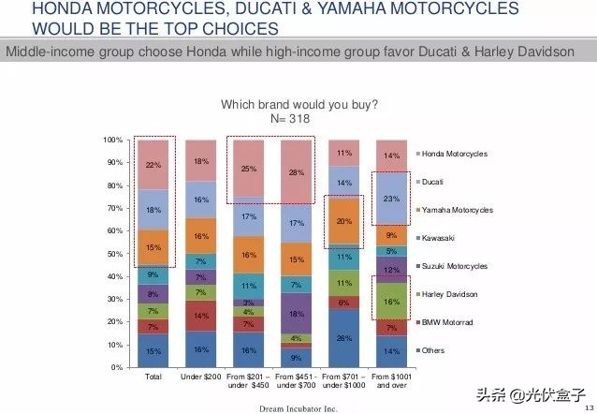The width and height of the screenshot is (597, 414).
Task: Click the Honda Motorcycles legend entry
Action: (x=453, y=154)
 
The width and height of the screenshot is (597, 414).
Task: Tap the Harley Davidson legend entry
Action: (x=449, y=294)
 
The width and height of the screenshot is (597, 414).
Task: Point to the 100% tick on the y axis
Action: (x=112, y=140)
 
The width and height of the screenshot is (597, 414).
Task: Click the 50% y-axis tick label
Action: (x=114, y=254)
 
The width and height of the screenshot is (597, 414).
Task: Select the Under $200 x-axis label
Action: (x=200, y=376)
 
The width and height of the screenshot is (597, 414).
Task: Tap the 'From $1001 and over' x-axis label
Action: (x=391, y=380)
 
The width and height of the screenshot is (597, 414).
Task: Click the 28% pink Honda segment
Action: (x=296, y=172)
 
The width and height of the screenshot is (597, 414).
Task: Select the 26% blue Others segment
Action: (x=343, y=338)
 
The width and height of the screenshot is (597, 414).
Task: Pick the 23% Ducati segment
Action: (x=391, y=199)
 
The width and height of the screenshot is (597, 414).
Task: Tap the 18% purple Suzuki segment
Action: (x=296, y=314)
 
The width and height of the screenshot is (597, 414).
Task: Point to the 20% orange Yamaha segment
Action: (x=343, y=221)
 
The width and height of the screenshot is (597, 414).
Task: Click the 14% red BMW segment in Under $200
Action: (x=200, y=317)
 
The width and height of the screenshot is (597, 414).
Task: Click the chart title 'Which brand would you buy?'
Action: (x=298, y=105)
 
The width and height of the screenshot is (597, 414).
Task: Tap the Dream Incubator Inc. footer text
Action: (x=298, y=408)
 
